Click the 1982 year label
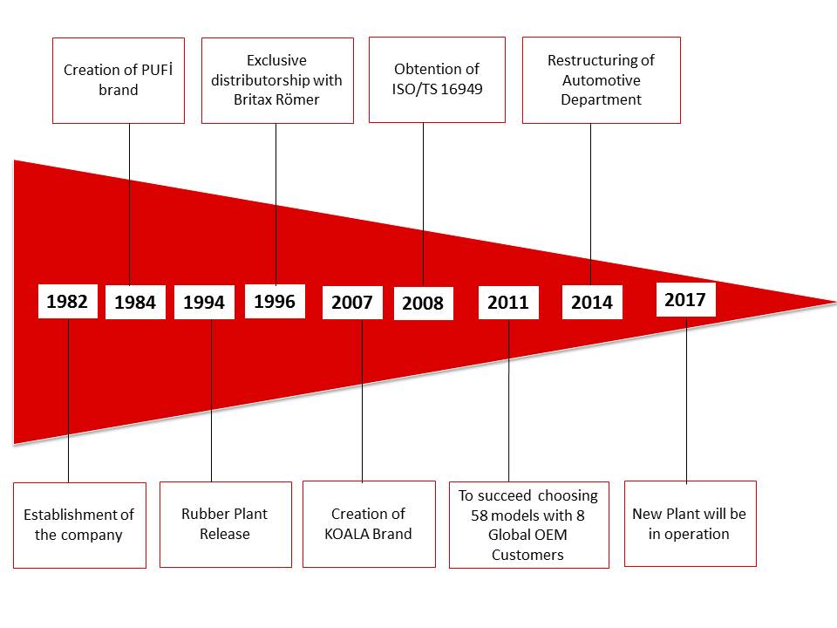coord(68,302)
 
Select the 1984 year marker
coord(135,303)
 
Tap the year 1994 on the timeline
coord(204,303)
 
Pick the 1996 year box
coord(275,301)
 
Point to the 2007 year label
coord(352,303)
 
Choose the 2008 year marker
coord(424,304)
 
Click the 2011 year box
coord(508,303)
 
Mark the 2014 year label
coord(592,303)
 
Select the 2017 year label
coord(685,299)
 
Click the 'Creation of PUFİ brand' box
coord(119,80)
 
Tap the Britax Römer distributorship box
coord(277,80)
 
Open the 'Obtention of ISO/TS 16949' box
coord(437,79)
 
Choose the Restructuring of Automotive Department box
coord(602,80)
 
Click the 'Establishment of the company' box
coord(79,525)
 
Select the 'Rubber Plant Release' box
coord(226,524)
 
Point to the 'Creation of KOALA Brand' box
coord(369,524)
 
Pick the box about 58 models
coord(529,525)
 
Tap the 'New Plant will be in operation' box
coord(691,524)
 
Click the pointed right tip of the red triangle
coord(835,303)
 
